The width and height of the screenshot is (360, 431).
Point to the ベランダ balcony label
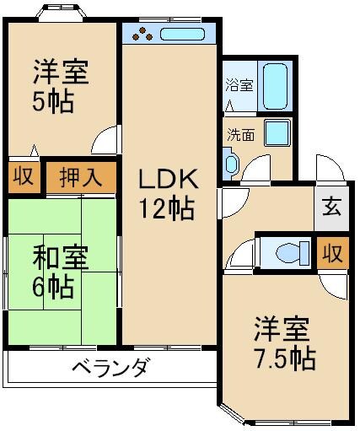click(x=110, y=368)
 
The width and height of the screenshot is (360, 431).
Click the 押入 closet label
click(x=81, y=177)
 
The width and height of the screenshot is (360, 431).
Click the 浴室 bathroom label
click(x=239, y=84)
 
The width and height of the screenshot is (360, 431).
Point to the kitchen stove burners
click(x=141, y=35)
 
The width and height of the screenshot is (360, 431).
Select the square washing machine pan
click(x=277, y=132)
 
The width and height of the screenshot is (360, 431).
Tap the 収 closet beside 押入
click(x=21, y=178)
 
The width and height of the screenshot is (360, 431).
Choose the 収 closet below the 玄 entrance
click(x=332, y=251)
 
